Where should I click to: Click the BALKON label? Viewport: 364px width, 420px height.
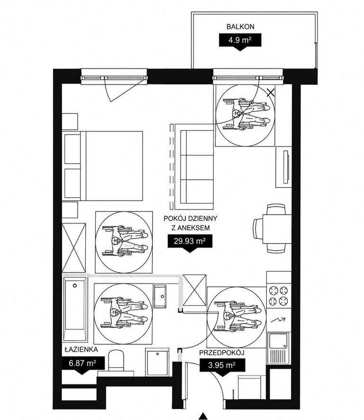(240, 27)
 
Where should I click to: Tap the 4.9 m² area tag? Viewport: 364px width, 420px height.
(240, 40)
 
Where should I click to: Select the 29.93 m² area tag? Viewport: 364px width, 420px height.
(190, 241)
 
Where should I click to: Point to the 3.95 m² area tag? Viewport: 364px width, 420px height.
(222, 365)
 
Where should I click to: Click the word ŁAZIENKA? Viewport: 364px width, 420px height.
(81, 349)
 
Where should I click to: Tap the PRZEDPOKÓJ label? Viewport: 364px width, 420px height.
(221, 353)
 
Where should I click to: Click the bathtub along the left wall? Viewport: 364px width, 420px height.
(75, 310)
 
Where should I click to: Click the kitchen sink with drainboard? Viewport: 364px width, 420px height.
(279, 348)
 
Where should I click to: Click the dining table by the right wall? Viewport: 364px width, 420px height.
(277, 229)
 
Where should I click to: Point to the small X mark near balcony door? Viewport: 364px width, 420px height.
(271, 92)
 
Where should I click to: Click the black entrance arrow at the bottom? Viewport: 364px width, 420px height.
(203, 416)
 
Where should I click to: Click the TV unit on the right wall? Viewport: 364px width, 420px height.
(283, 167)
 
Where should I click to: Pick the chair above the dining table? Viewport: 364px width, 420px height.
(276, 209)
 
